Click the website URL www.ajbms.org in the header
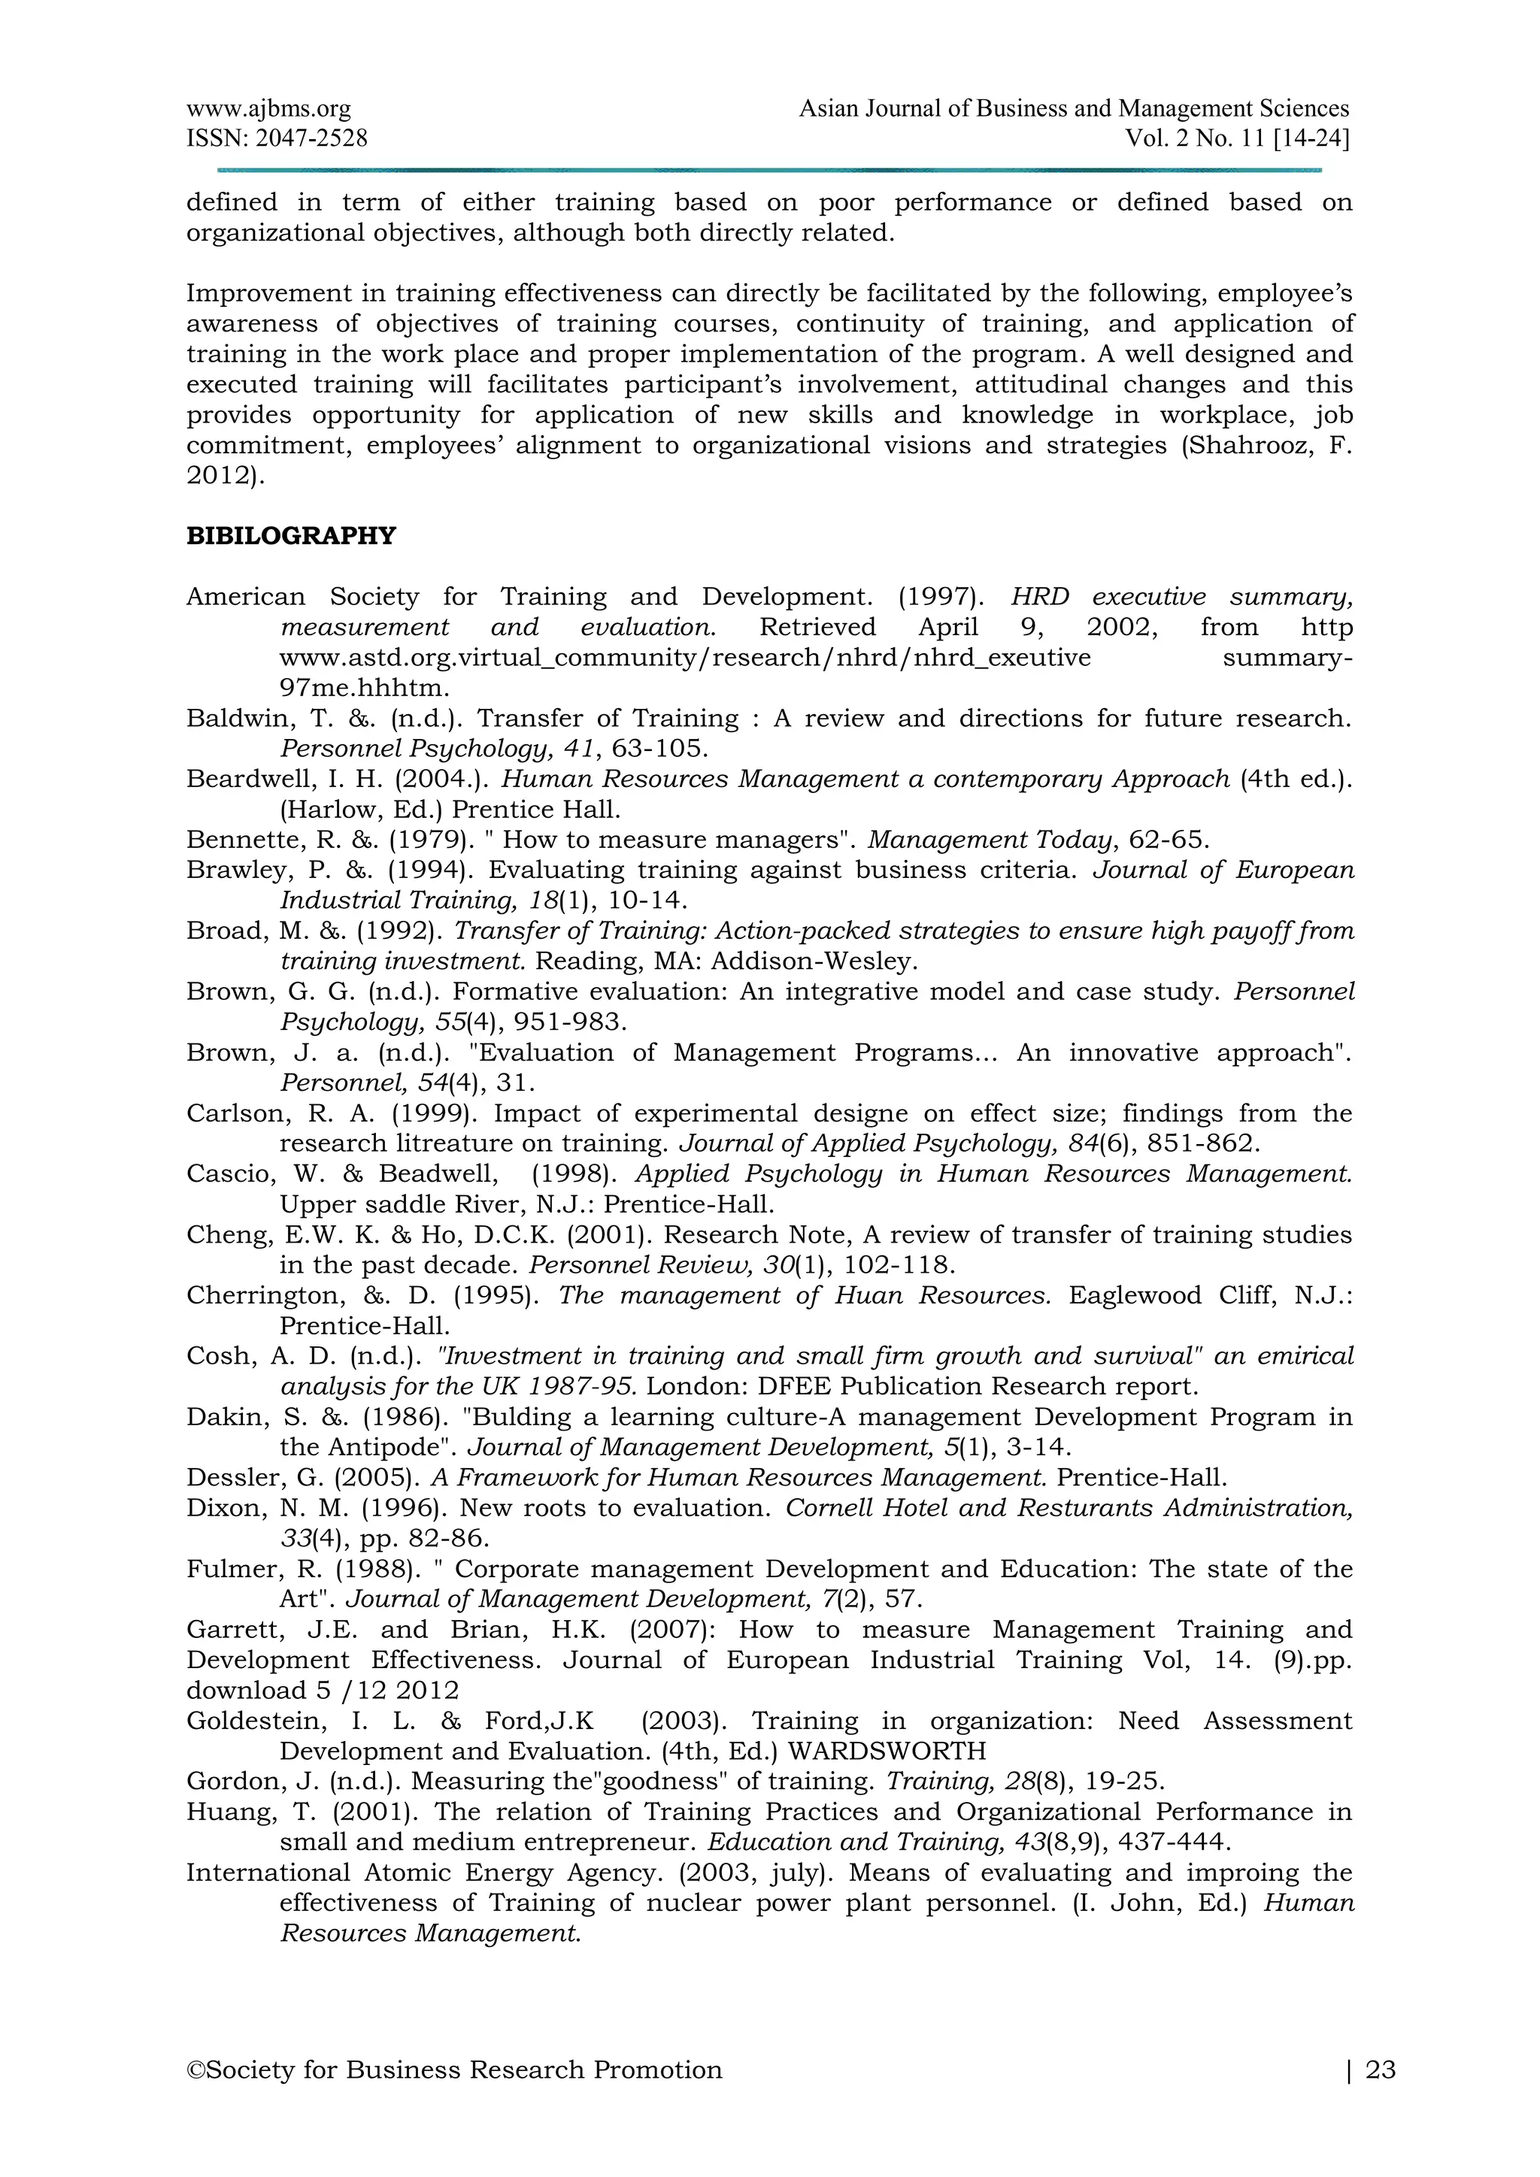[x=268, y=110]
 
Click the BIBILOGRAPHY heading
[x=290, y=537]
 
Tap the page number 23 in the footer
[x=1381, y=2069]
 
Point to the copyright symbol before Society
[x=196, y=2069]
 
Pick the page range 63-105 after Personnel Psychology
[x=659, y=749]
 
